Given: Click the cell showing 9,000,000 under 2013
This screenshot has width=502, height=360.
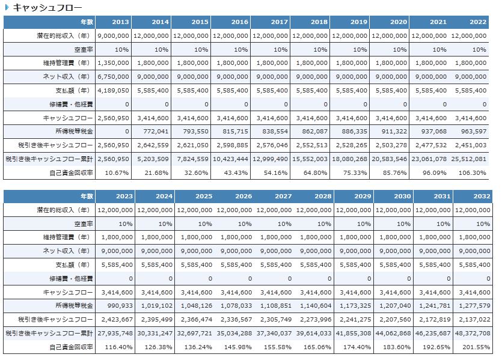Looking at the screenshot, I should point(113,36).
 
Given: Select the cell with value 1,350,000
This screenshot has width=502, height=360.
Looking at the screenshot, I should point(113,63).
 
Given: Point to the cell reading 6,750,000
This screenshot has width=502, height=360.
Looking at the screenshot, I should point(113,77).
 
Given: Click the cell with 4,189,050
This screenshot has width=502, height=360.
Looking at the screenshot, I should point(113,90).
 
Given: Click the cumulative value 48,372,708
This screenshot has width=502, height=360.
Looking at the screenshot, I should point(473,334).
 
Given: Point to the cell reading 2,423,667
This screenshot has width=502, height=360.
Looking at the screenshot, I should point(117,320).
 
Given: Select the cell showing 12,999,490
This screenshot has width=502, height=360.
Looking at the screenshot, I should point(271,159).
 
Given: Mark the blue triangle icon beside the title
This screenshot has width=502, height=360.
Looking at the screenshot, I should point(7,7).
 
